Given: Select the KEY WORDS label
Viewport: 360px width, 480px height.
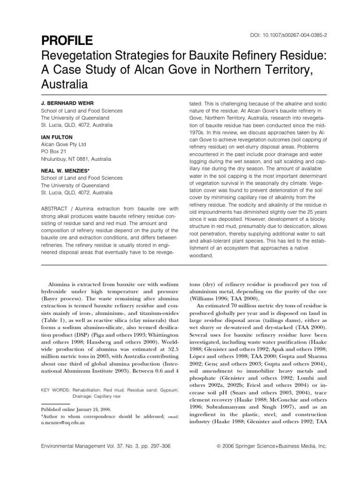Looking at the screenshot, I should click(x=56, y=377).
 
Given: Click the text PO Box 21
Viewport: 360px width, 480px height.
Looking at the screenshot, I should click(x=54, y=152).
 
